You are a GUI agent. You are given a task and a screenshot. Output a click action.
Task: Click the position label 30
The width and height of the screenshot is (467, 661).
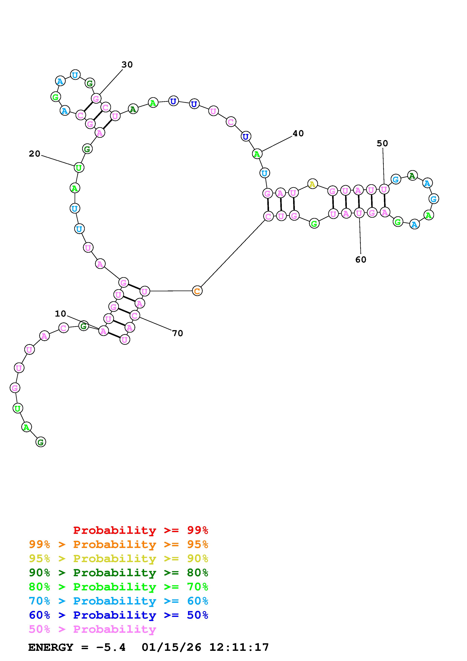tap(127, 65)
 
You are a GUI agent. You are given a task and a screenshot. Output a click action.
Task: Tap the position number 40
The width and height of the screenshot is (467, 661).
tap(298, 133)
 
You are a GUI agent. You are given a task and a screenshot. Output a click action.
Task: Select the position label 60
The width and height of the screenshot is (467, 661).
tap(361, 260)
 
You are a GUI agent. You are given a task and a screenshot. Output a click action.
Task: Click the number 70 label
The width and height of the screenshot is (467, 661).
tap(177, 333)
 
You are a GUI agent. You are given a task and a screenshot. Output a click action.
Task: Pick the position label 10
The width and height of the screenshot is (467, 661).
tap(60, 314)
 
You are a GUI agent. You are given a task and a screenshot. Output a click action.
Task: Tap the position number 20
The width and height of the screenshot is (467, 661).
tap(34, 154)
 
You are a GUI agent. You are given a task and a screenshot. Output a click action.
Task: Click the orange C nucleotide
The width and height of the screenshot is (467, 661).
tap(197, 291)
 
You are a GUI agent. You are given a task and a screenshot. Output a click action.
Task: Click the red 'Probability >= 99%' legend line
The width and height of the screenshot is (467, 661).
tap(141, 530)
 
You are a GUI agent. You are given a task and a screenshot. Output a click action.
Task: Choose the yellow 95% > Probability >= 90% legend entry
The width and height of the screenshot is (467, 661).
tap(118, 558)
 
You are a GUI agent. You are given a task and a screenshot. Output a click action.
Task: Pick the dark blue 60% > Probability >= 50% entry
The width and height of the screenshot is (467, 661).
tap(118, 615)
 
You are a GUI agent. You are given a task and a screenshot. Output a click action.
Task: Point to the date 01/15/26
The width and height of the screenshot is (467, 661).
tap(171, 647)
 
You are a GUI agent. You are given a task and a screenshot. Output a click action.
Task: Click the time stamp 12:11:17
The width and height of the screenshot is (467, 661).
tap(239, 647)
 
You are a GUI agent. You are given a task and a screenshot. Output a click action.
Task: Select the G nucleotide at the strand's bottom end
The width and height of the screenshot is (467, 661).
tap(41, 442)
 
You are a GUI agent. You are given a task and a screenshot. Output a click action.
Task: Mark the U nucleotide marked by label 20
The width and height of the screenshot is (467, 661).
tap(79, 167)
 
